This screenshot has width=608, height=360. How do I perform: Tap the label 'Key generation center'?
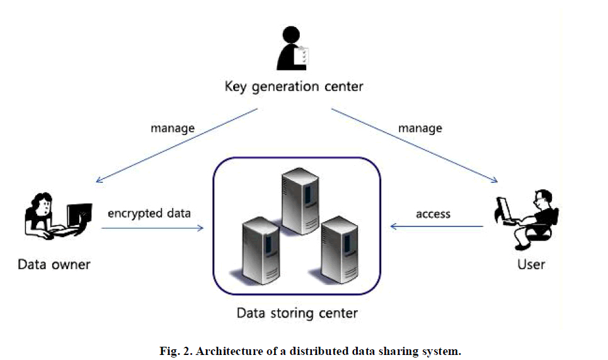(x=294, y=86)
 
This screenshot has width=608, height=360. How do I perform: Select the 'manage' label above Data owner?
(x=173, y=128)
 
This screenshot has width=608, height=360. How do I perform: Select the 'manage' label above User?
(x=420, y=128)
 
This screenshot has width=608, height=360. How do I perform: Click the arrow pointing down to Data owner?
(x=177, y=146)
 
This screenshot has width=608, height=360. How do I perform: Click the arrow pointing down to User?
(x=413, y=146)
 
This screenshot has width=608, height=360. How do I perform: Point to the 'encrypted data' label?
(x=149, y=213)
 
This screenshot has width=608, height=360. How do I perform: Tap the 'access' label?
(x=433, y=214)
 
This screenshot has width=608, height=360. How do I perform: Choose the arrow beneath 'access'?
(x=437, y=226)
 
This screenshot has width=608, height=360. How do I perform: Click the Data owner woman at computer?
(x=57, y=218)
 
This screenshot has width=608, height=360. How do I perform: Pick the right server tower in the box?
(x=340, y=252)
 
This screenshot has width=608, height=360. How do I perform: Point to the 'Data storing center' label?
(x=297, y=313)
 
